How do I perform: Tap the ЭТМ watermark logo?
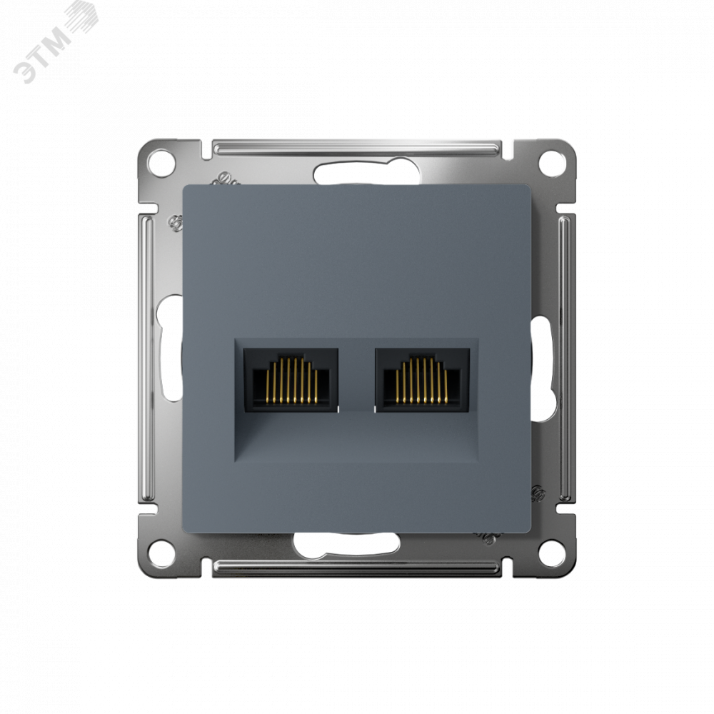(x=55, y=44)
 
